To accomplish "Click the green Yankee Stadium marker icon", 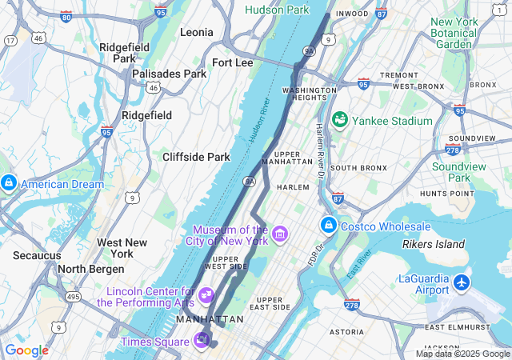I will [x=339, y=121].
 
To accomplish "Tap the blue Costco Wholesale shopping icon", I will [x=328, y=226].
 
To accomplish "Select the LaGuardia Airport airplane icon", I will [x=462, y=282].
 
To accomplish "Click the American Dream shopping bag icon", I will [x=9, y=184].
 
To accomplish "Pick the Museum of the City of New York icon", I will [x=279, y=234].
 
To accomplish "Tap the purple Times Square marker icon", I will [x=202, y=341].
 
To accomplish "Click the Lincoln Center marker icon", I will [x=206, y=295].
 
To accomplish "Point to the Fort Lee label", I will [x=232, y=62].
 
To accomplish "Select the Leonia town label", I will [x=197, y=32].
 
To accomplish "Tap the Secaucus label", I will [x=37, y=255].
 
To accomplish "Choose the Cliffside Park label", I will [x=196, y=157].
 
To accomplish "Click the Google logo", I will [x=26, y=350].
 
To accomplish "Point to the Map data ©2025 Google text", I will [x=462, y=354].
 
